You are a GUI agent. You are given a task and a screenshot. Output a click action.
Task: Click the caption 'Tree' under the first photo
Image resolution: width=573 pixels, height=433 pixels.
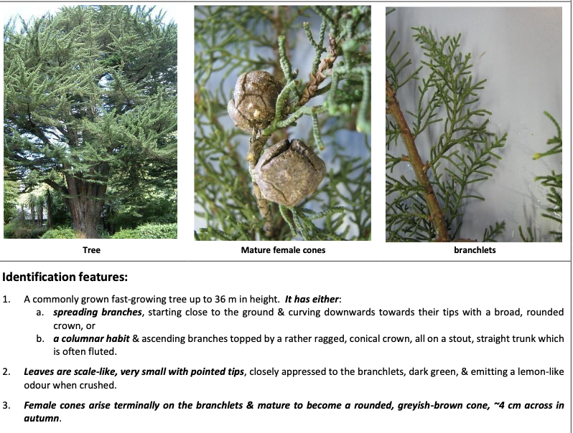(x=91, y=250)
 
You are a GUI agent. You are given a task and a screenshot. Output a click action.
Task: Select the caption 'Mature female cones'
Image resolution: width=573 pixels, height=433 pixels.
(x=283, y=250)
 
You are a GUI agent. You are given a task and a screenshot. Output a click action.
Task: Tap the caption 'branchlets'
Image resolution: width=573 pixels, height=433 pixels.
(x=475, y=250)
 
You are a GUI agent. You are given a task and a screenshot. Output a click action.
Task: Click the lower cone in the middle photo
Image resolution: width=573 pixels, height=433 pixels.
(x=289, y=171)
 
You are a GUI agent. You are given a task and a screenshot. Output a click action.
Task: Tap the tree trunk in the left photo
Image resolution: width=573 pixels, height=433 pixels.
(x=86, y=204)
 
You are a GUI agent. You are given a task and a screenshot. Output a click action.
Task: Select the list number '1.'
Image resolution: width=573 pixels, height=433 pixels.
(x=8, y=298)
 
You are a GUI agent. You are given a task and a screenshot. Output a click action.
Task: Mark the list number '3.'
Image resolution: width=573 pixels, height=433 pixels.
(x=8, y=405)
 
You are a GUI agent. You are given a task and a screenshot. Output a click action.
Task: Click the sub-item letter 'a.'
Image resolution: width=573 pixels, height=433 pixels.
(x=41, y=313)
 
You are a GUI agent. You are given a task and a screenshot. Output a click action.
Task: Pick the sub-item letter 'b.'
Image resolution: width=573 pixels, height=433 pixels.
(x=41, y=338)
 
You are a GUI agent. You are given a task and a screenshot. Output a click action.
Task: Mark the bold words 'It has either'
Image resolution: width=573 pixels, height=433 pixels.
(x=313, y=298)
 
